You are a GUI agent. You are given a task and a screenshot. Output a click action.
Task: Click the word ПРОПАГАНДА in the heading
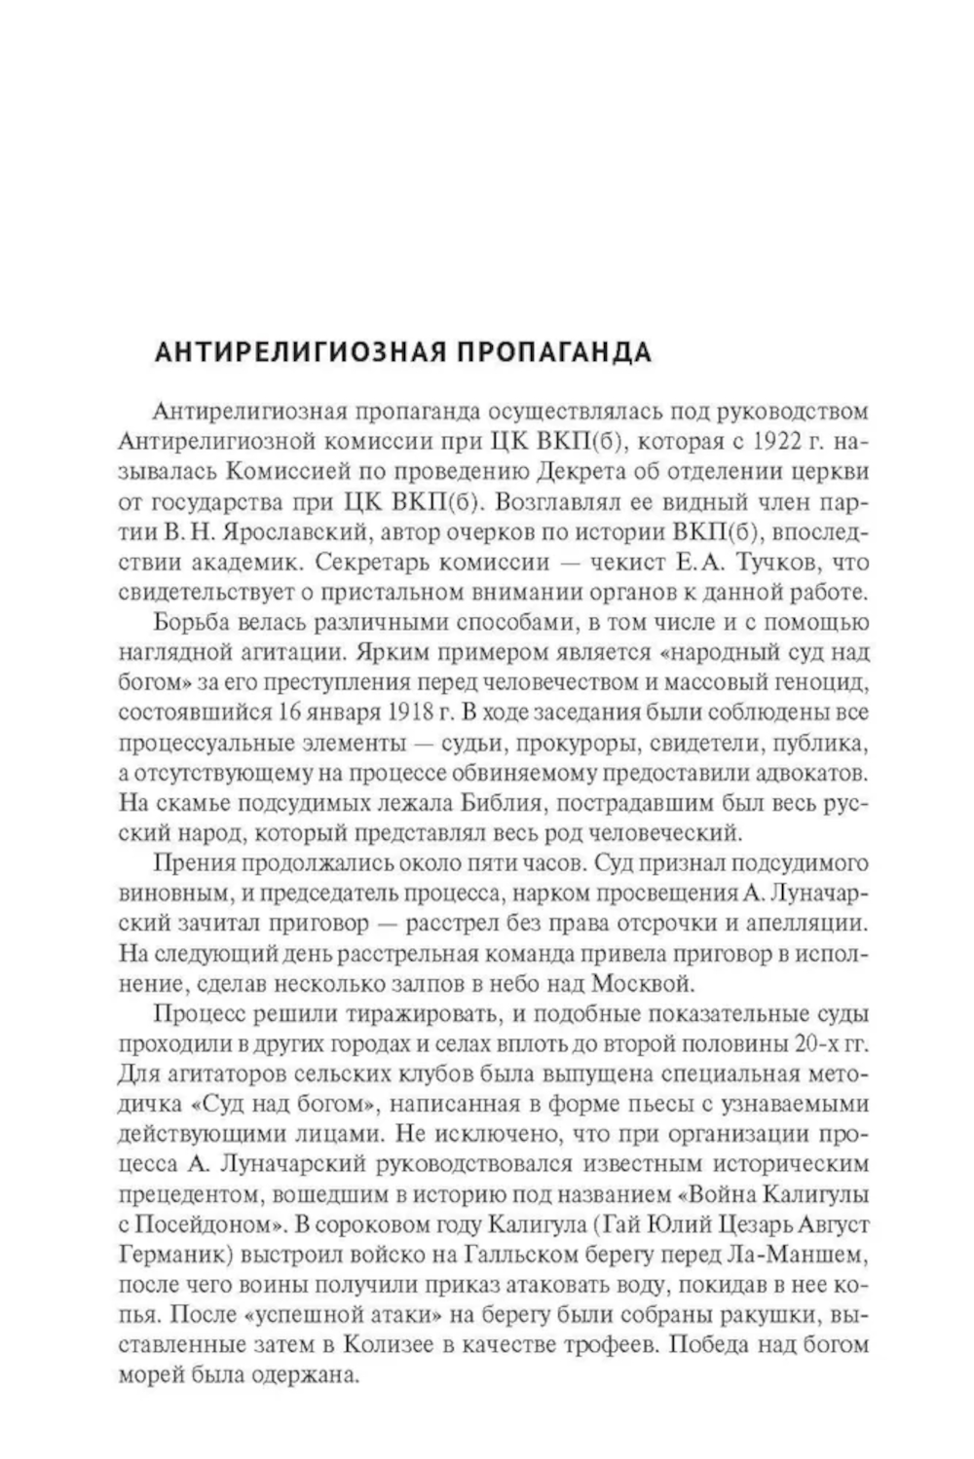[x=552, y=351]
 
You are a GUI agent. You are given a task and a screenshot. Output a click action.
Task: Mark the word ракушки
[x=769, y=1317]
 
